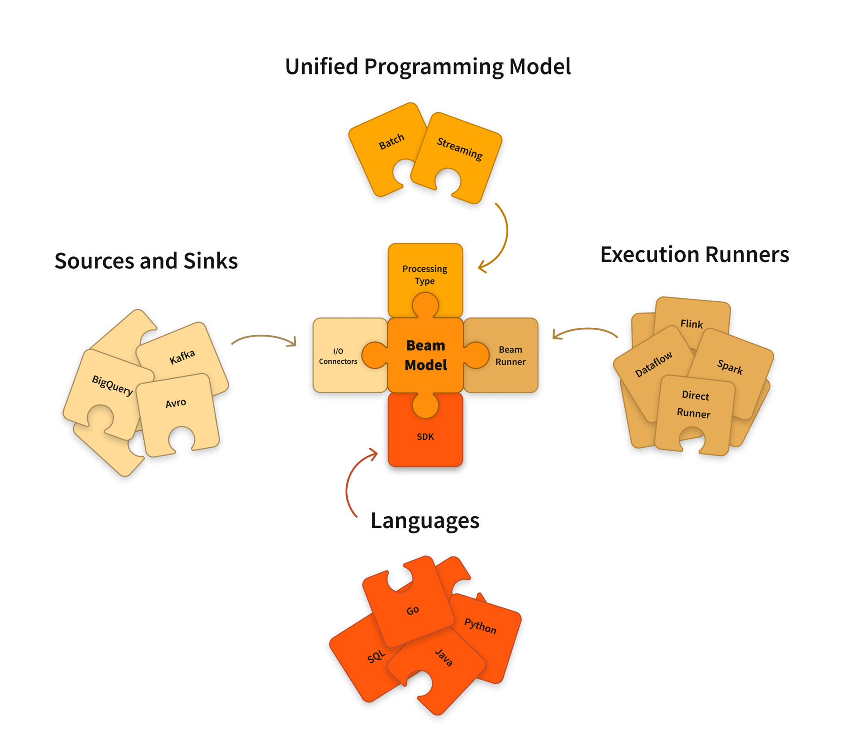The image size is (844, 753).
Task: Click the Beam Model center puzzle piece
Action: pyautogui.click(x=425, y=355)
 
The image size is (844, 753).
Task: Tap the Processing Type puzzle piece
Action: pyautogui.click(x=425, y=274)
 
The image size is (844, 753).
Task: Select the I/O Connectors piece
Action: pyautogui.click(x=338, y=355)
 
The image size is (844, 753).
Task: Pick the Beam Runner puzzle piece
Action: pyautogui.click(x=510, y=355)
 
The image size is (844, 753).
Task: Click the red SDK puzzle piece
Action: pyautogui.click(x=425, y=436)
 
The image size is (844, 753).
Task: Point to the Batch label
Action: pyautogui.click(x=391, y=142)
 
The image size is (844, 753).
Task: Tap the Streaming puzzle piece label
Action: pyautogui.click(x=459, y=148)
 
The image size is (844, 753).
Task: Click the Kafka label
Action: pyautogui.click(x=182, y=357)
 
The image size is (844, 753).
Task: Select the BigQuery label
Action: pyautogui.click(x=112, y=385)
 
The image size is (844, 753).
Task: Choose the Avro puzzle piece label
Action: pyautogui.click(x=175, y=403)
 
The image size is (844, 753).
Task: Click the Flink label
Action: pyautogui.click(x=691, y=324)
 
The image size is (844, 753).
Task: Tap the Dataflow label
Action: pyautogui.click(x=654, y=364)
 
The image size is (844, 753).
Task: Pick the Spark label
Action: pyautogui.click(x=730, y=367)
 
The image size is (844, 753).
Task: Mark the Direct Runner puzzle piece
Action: pyautogui.click(x=694, y=404)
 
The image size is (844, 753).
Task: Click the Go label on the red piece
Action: pyautogui.click(x=412, y=610)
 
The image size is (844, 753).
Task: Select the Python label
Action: pyautogui.click(x=480, y=625)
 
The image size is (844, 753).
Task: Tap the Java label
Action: pyautogui.click(x=444, y=658)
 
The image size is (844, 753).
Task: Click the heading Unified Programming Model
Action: pyautogui.click(x=427, y=66)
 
